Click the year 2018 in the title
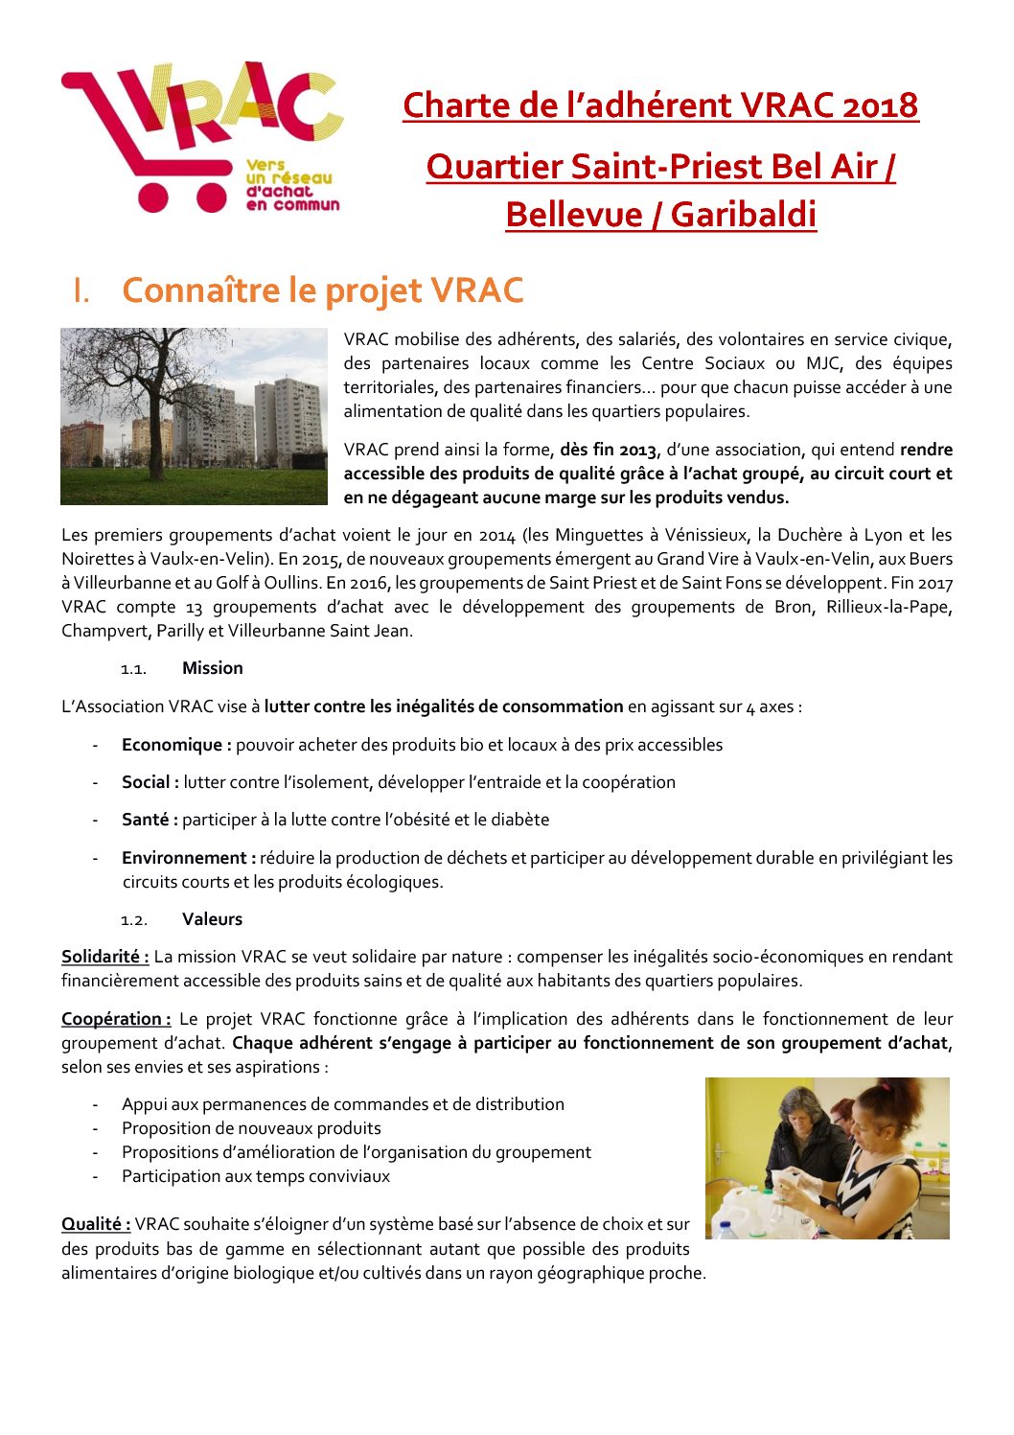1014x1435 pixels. coord(880,105)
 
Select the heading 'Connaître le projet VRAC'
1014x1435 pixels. coord(323,290)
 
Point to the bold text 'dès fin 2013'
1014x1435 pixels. coord(609,450)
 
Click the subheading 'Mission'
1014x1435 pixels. coord(213,668)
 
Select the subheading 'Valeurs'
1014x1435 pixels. coord(212,919)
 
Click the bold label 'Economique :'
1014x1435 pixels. coord(176,745)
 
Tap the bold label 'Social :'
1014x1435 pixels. coord(150,782)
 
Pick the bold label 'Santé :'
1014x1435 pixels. coord(150,820)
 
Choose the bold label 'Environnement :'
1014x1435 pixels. coord(189,858)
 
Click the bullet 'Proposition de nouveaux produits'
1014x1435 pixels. coord(251,1128)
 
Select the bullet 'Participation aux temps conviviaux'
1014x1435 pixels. coord(256,1176)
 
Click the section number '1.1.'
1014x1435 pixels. coord(133,669)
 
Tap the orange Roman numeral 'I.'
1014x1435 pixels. coord(81,291)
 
